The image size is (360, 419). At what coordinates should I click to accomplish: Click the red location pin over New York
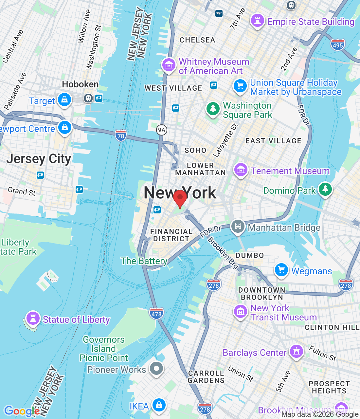pos(180,198)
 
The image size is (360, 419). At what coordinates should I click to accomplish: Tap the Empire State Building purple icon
pos(257,21)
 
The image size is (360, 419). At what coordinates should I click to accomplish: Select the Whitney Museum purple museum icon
pos(169,65)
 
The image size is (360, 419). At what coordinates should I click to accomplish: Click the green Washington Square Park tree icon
pos(213,108)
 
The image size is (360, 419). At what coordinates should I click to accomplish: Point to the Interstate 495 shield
pos(337,45)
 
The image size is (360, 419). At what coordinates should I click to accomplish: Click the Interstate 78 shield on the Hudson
pos(121,136)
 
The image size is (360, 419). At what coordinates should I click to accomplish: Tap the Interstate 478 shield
pos(156,314)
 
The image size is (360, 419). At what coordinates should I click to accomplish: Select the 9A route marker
pos(162,130)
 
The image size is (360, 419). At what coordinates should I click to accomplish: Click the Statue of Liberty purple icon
pos(33,318)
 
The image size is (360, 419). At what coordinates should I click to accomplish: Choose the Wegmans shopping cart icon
pos(281,270)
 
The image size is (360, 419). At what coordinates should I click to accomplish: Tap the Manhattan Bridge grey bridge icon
pos(238,226)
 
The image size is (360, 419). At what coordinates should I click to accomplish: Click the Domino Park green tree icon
pos(325,189)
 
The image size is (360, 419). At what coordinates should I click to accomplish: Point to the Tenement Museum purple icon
pos(241,170)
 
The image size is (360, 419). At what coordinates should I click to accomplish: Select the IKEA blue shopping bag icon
pos(159,405)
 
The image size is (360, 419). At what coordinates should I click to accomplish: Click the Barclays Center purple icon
pos(296,352)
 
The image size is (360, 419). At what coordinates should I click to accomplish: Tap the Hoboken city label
pos(80,84)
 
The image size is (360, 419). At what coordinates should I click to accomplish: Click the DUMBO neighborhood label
pos(250,255)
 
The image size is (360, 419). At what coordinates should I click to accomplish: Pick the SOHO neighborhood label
pos(195,150)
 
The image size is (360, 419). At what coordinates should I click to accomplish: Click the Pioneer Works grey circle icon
pos(156,369)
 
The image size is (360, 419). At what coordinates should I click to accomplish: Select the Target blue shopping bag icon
pos(64,99)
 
